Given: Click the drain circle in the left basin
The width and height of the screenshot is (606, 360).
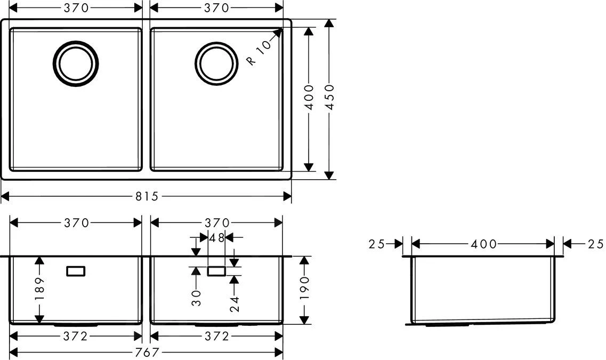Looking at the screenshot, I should tap(76, 63).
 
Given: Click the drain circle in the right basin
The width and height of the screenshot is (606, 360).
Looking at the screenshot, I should tap(216, 63).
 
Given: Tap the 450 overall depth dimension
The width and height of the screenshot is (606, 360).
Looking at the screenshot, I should tap(329, 97).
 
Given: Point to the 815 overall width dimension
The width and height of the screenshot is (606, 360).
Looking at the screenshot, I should tap(147, 196).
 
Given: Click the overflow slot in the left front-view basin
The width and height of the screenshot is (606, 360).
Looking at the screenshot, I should tap(76, 271).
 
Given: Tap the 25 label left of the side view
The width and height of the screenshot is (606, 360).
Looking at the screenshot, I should tap(377, 244).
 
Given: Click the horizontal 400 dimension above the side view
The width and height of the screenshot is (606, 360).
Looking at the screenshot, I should tap(483, 244).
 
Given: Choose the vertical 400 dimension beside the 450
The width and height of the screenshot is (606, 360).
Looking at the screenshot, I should tap(308, 97).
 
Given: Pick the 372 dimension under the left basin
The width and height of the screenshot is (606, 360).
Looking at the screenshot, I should tap(76, 336).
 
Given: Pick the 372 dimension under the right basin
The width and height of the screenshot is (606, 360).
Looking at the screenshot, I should tap(216, 336).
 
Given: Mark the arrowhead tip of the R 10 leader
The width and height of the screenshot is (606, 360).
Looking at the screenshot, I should tap(282, 28).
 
